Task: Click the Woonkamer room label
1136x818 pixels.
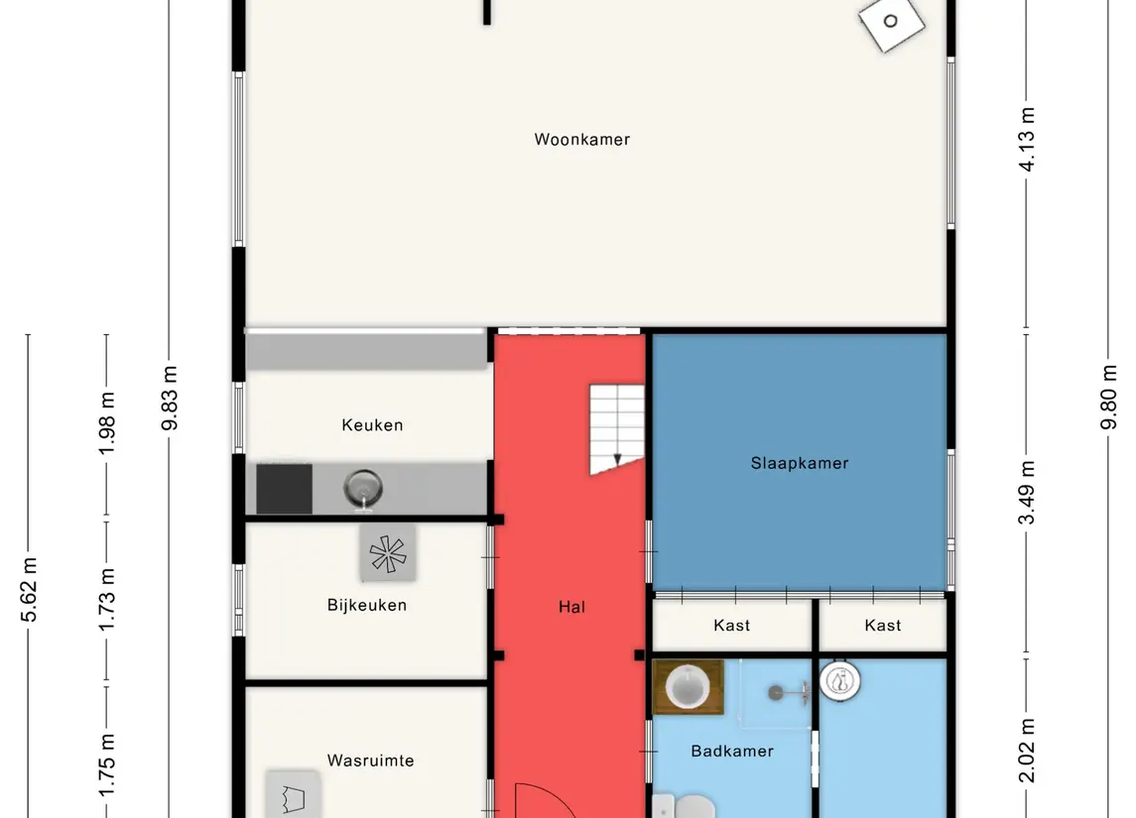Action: pyautogui.click(x=581, y=139)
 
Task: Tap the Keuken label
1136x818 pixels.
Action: pyautogui.click(x=372, y=425)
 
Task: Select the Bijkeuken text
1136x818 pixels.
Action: pyautogui.click(x=366, y=605)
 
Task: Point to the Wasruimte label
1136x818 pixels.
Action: pyautogui.click(x=370, y=760)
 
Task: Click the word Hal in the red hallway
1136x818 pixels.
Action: pyautogui.click(x=571, y=608)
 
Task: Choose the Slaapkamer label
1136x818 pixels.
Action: pyautogui.click(x=799, y=463)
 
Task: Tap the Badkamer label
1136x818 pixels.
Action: pyautogui.click(x=732, y=752)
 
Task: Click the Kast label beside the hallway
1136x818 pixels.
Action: pyautogui.click(x=732, y=626)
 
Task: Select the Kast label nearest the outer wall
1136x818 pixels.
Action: pyautogui.click(x=882, y=626)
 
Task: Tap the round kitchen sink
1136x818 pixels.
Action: pyautogui.click(x=362, y=489)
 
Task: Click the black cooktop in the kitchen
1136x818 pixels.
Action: pyautogui.click(x=284, y=490)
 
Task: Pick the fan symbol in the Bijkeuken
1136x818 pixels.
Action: pyautogui.click(x=388, y=554)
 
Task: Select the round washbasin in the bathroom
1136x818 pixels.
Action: pyautogui.click(x=688, y=686)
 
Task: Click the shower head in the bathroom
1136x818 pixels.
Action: pyautogui.click(x=776, y=693)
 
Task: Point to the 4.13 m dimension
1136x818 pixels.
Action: pyautogui.click(x=1027, y=140)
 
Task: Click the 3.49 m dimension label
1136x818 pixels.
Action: pyautogui.click(x=1027, y=492)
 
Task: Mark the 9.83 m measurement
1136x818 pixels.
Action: pyautogui.click(x=170, y=399)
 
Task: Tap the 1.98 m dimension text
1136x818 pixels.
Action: pyautogui.click(x=106, y=423)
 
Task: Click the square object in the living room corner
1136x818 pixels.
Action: pyautogui.click(x=891, y=22)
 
